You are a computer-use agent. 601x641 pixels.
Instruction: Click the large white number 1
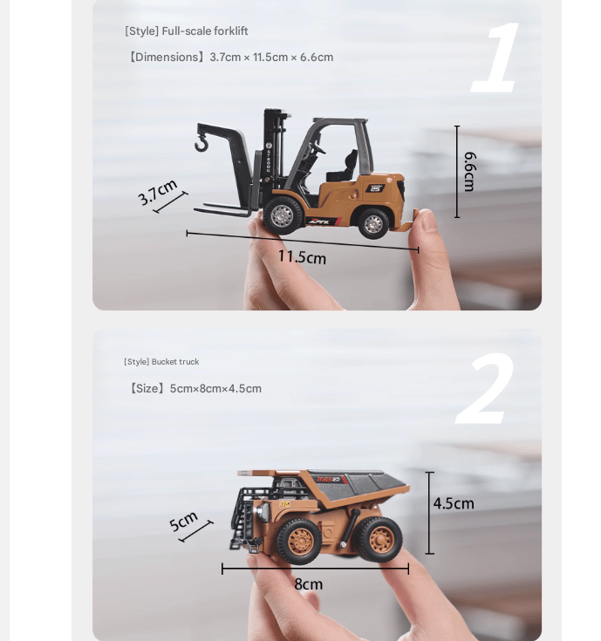(x=497, y=58)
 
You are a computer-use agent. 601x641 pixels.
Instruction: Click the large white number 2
(x=485, y=390)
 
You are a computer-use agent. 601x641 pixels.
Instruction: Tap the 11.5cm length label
(x=302, y=256)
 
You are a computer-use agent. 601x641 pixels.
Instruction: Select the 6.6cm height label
(x=469, y=171)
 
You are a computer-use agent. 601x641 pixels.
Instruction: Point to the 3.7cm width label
(x=158, y=191)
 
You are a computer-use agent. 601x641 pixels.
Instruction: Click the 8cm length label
(x=308, y=584)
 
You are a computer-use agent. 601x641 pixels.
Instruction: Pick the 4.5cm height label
(x=454, y=503)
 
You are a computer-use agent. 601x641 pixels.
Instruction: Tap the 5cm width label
(x=184, y=521)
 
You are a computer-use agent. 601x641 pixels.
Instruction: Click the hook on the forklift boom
(x=201, y=140)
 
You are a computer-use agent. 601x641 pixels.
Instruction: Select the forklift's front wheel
(x=282, y=214)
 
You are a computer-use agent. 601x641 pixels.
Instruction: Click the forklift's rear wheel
(x=373, y=223)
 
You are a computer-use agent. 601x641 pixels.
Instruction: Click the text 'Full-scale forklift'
(x=205, y=31)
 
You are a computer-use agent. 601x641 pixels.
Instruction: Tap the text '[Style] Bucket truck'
(x=161, y=362)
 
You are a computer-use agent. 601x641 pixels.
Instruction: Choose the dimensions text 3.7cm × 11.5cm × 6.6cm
(x=271, y=58)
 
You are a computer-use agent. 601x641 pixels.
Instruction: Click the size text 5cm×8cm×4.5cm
(x=215, y=389)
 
